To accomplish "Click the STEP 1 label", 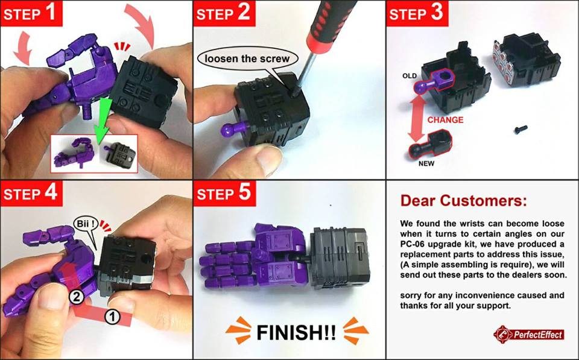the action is pyautogui.click(x=31, y=13).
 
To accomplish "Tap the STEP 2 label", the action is pyautogui.click(x=224, y=13).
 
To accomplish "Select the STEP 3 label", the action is pyautogui.click(x=417, y=13).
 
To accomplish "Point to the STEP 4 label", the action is pyautogui.click(x=31, y=193).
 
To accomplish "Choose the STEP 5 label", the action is pyautogui.click(x=224, y=193).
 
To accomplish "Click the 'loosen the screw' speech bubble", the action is pyautogui.click(x=247, y=58).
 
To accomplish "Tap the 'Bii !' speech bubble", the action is pyautogui.click(x=87, y=226).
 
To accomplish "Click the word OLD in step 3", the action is pyautogui.click(x=410, y=76).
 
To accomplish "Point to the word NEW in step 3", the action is pyautogui.click(x=426, y=163).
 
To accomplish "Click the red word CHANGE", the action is pyautogui.click(x=445, y=120).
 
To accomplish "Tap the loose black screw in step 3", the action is pyautogui.click(x=520, y=129).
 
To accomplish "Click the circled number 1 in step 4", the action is pyautogui.click(x=112, y=317).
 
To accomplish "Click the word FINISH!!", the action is pyautogui.click(x=296, y=332).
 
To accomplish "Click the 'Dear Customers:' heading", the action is pyautogui.click(x=463, y=200).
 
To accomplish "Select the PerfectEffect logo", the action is pyautogui.click(x=529, y=335).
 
